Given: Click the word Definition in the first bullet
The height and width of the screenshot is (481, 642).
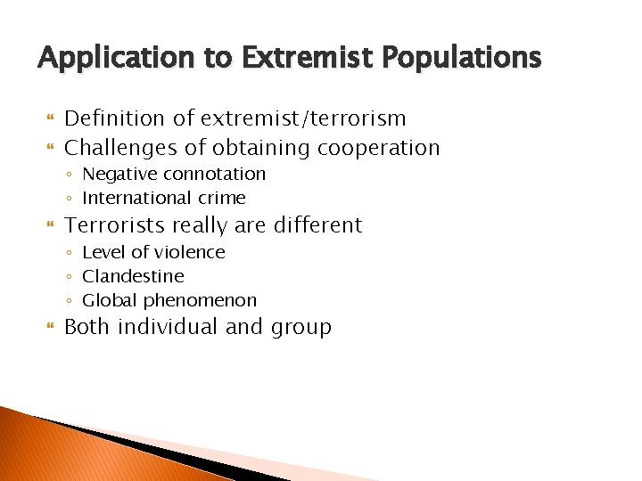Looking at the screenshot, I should tap(114, 118).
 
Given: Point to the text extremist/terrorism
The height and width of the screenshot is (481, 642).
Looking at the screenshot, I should tap(303, 118).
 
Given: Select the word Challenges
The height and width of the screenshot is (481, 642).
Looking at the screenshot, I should tap(119, 148).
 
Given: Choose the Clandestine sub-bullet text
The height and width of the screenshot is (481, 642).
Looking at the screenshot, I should tap(133, 276).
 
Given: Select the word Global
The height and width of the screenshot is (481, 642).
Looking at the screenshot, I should tap(107, 300).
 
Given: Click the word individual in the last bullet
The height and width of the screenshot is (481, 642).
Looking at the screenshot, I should tap(168, 327).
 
